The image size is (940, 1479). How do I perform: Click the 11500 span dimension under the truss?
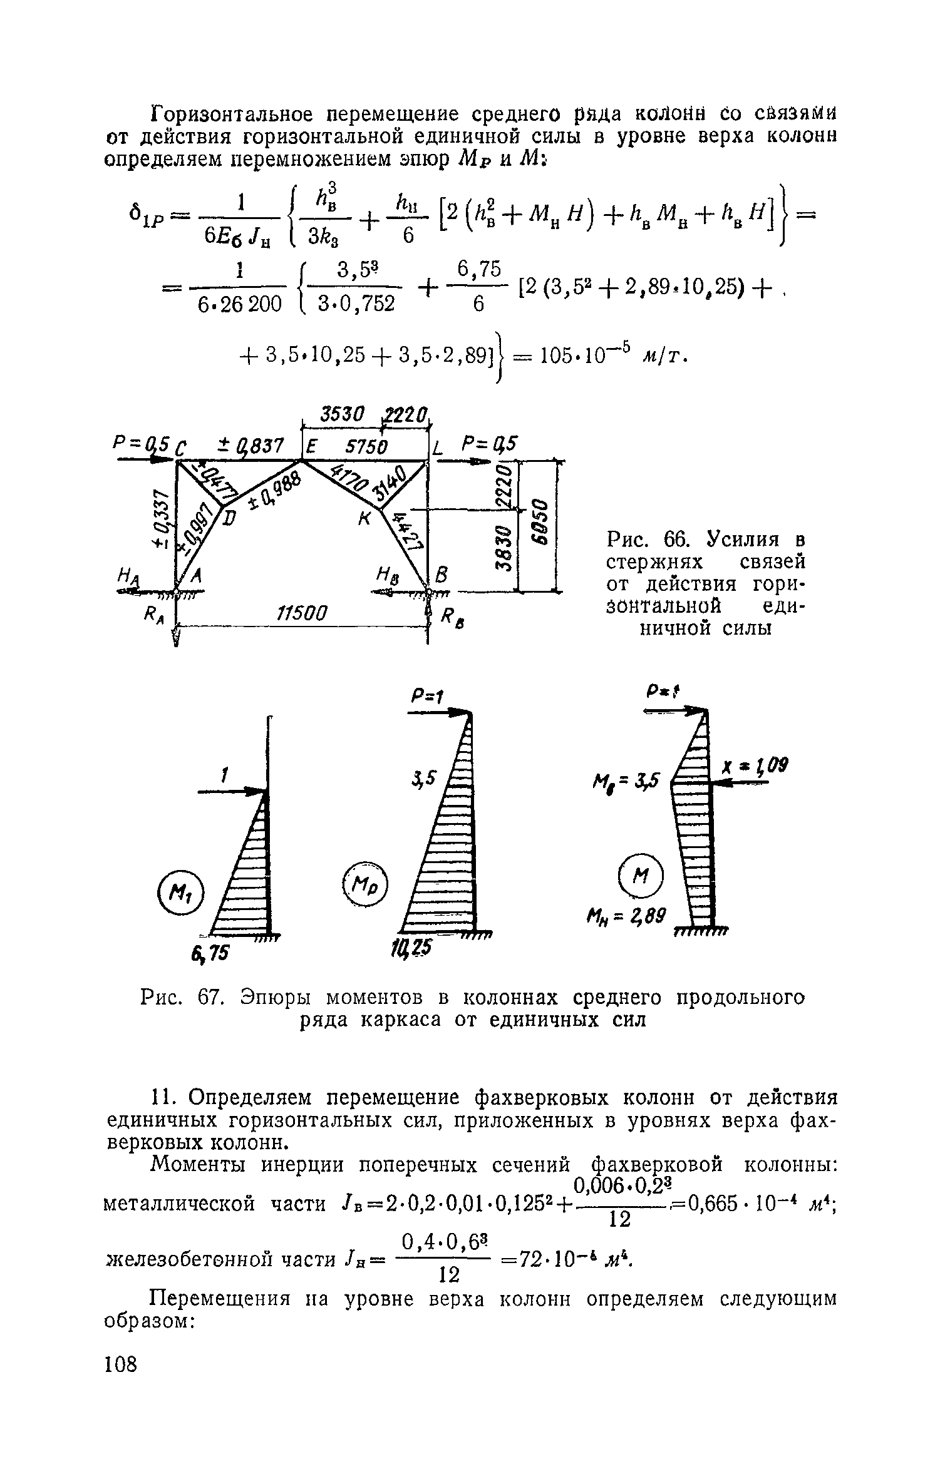point(302,612)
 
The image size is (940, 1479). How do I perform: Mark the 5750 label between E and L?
point(366,447)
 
